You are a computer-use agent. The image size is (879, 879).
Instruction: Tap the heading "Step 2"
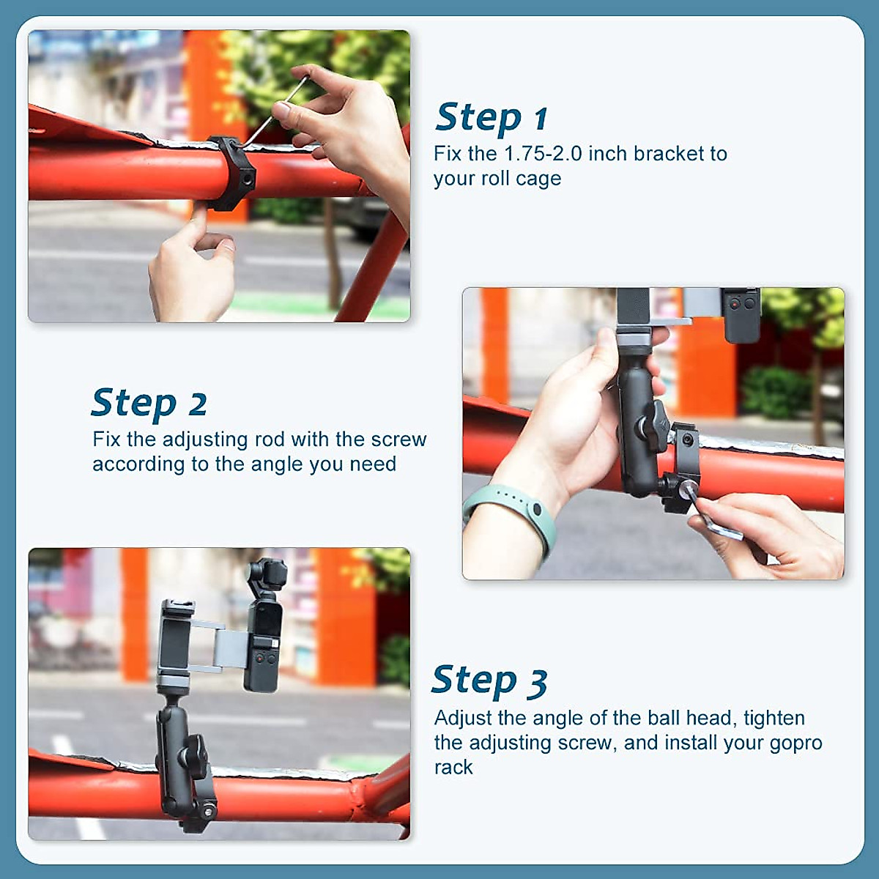pos(149,403)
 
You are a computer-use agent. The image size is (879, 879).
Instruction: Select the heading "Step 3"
pos(489,680)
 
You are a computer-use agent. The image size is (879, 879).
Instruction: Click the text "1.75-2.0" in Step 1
pos(543,154)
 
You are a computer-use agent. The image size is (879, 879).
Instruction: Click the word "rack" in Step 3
pos(453,768)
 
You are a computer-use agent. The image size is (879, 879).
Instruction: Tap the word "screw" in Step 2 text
pos(398,439)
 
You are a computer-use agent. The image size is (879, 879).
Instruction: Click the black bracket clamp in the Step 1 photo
pos(232,172)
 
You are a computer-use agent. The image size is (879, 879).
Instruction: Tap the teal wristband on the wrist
pos(513,513)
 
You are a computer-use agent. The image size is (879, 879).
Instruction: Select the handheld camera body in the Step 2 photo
pos(741,313)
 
